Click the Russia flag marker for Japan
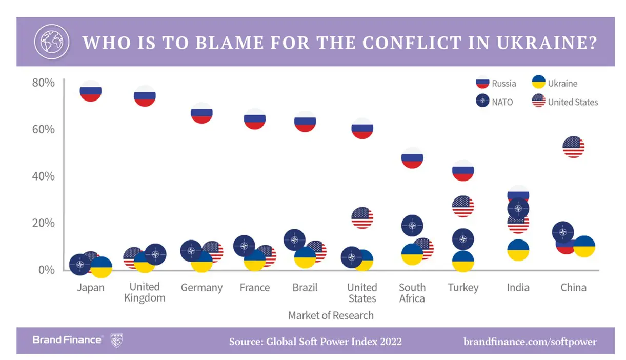click(x=90, y=91)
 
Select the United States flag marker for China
click(x=573, y=147)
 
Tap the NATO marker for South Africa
click(x=412, y=225)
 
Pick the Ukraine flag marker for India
click(x=518, y=250)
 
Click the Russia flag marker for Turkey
click(x=463, y=170)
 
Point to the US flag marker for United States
click(x=362, y=218)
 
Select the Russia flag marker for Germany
click(x=201, y=113)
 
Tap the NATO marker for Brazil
click(x=294, y=239)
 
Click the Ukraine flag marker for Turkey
click(x=463, y=261)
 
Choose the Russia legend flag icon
click(x=482, y=83)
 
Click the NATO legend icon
click(x=482, y=101)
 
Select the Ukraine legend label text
click(x=562, y=83)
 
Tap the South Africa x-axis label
click(x=412, y=292)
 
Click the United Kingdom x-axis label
click(x=145, y=292)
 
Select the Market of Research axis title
click(x=331, y=315)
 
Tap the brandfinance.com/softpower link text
click(x=530, y=341)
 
